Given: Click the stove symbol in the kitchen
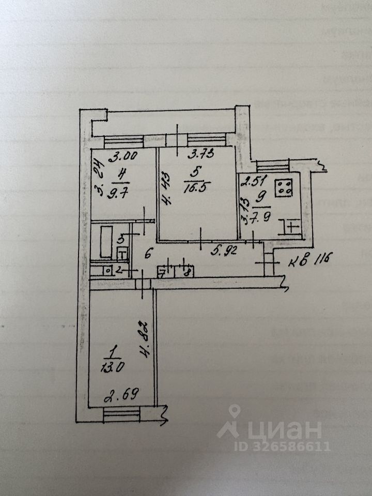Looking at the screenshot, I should pos(284,188).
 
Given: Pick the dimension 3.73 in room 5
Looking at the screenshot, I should pos(199,153).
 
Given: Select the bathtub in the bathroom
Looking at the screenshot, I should pos(106,240).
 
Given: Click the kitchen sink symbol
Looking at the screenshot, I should pos(290,226).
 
